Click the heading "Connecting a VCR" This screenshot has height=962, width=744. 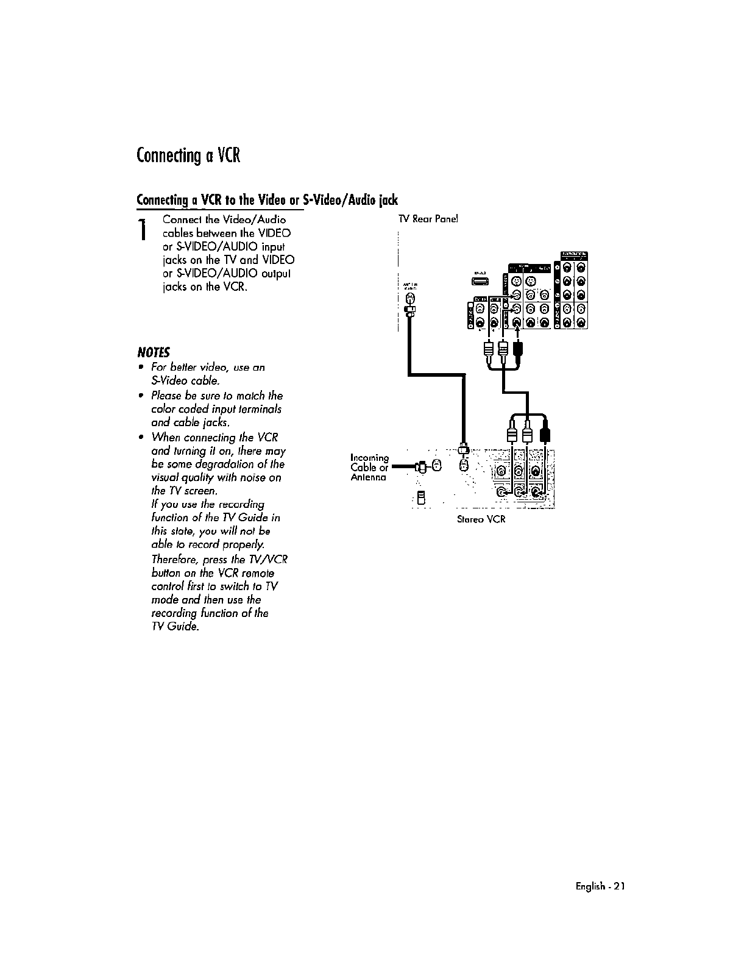[189, 156]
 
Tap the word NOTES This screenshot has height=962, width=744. [154, 352]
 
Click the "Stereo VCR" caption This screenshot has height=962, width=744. [481, 519]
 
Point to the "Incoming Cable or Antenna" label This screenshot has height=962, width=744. [369, 467]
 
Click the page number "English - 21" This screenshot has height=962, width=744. [600, 886]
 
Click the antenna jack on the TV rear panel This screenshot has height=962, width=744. [410, 299]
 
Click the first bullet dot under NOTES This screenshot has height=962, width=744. [141, 367]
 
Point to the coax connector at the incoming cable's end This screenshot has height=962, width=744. [421, 467]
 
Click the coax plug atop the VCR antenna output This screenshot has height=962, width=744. [464, 449]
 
